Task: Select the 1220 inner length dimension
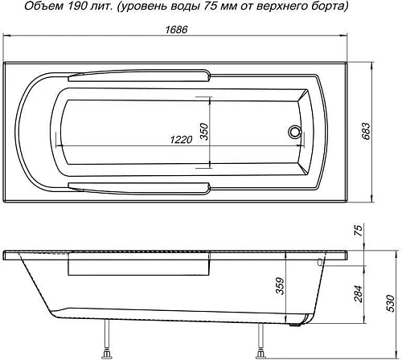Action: [x=181, y=139]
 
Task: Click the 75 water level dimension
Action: [x=359, y=231]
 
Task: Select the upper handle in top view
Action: [x=141, y=77]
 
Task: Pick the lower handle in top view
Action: [x=141, y=186]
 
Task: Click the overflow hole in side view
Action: [x=320, y=262]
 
